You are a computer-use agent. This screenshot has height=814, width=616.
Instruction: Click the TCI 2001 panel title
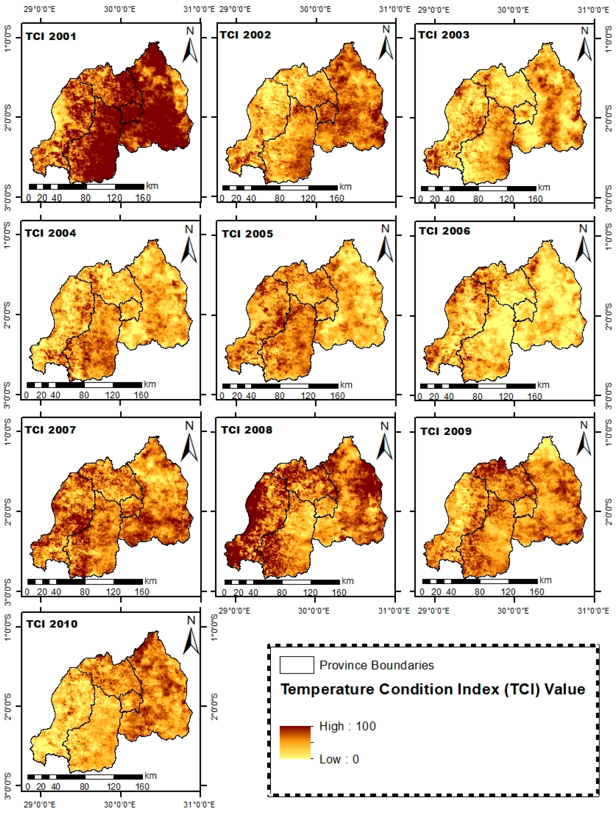[x=51, y=36]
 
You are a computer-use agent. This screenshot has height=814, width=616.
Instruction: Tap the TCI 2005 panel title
[x=247, y=234]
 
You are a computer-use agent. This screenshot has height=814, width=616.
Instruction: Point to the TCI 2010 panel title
[x=52, y=624]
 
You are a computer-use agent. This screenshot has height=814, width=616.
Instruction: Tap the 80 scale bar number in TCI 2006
[x=477, y=396]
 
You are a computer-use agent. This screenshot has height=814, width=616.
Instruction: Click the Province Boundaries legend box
[x=296, y=665]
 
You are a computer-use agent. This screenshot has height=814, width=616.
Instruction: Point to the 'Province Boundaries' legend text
[x=376, y=665]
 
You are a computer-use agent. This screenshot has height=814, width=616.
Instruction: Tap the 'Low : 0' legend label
[x=339, y=759]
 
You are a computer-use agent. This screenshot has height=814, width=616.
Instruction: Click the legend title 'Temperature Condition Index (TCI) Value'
[x=433, y=689]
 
